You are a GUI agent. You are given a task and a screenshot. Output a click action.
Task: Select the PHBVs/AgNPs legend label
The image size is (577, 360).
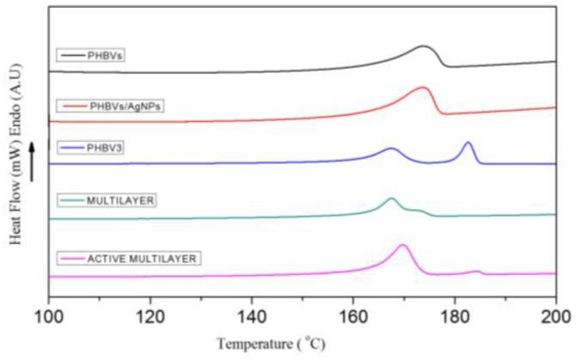tap(110, 106)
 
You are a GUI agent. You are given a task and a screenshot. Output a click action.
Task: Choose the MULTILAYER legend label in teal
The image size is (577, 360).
tap(101, 200)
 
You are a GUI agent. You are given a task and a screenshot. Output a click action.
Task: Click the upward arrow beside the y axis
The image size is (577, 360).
tap(32, 162)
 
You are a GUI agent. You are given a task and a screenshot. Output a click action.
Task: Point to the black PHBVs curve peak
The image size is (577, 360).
tap(424, 46)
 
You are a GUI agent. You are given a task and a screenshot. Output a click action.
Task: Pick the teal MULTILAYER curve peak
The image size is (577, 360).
tap(392, 198)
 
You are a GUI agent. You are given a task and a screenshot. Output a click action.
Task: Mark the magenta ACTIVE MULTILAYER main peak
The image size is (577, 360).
tap(403, 246)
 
